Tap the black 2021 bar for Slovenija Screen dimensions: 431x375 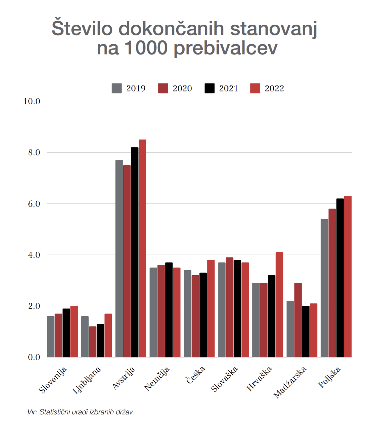tap(66, 333)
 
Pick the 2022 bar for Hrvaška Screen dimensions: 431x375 tap(279, 305)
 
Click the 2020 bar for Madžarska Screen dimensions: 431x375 tap(298, 320)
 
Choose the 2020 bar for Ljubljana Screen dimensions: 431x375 tap(93, 342)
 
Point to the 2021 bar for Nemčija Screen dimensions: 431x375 tap(169, 310)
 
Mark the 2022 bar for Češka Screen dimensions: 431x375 tap(211, 308)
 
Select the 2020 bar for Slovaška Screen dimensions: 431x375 tap(230, 307)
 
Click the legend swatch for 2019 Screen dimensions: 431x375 tap(117, 88)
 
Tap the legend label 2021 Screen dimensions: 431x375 tap(228, 88)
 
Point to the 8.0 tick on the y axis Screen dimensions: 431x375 tap(34, 152)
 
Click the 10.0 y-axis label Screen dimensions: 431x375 tap(32, 101)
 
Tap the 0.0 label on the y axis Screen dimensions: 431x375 tap(34, 357)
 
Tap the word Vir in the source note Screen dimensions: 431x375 tap(32, 412)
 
